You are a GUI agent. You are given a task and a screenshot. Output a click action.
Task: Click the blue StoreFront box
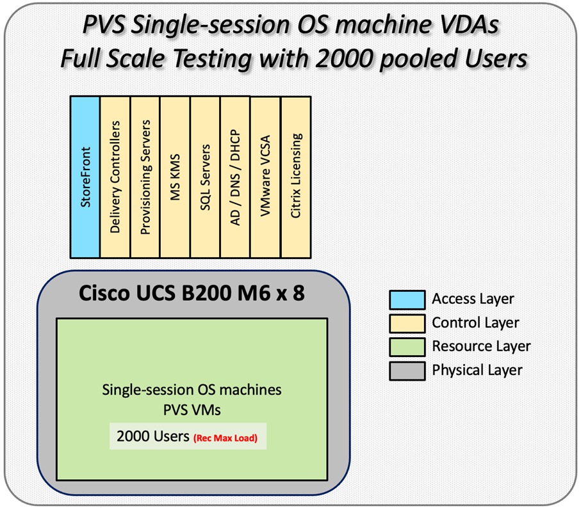coord(85,177)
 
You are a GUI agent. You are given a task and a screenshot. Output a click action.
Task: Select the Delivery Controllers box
coord(115,177)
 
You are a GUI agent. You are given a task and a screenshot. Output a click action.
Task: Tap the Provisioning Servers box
coord(145,177)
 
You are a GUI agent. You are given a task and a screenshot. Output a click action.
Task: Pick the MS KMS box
coord(175,177)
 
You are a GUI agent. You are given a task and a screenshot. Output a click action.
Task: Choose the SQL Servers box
coord(205,177)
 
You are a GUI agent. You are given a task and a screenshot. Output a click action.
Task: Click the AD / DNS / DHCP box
coord(235,177)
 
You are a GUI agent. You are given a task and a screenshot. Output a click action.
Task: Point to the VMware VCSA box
coord(265,177)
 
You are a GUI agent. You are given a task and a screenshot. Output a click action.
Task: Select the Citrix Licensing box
coord(295,177)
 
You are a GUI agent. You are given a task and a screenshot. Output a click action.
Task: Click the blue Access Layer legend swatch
coord(407,299)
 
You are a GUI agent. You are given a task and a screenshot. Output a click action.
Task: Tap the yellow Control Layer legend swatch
coord(407,323)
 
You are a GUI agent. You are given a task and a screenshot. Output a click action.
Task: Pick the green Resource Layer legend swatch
coord(407,346)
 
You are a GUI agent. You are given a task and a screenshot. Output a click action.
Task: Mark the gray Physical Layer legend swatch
coord(407,370)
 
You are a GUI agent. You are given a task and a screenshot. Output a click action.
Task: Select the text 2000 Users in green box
coord(152,437)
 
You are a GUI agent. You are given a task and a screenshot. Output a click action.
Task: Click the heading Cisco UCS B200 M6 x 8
coord(192,296)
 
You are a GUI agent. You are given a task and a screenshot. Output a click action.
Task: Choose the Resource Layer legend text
coord(481,346)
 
